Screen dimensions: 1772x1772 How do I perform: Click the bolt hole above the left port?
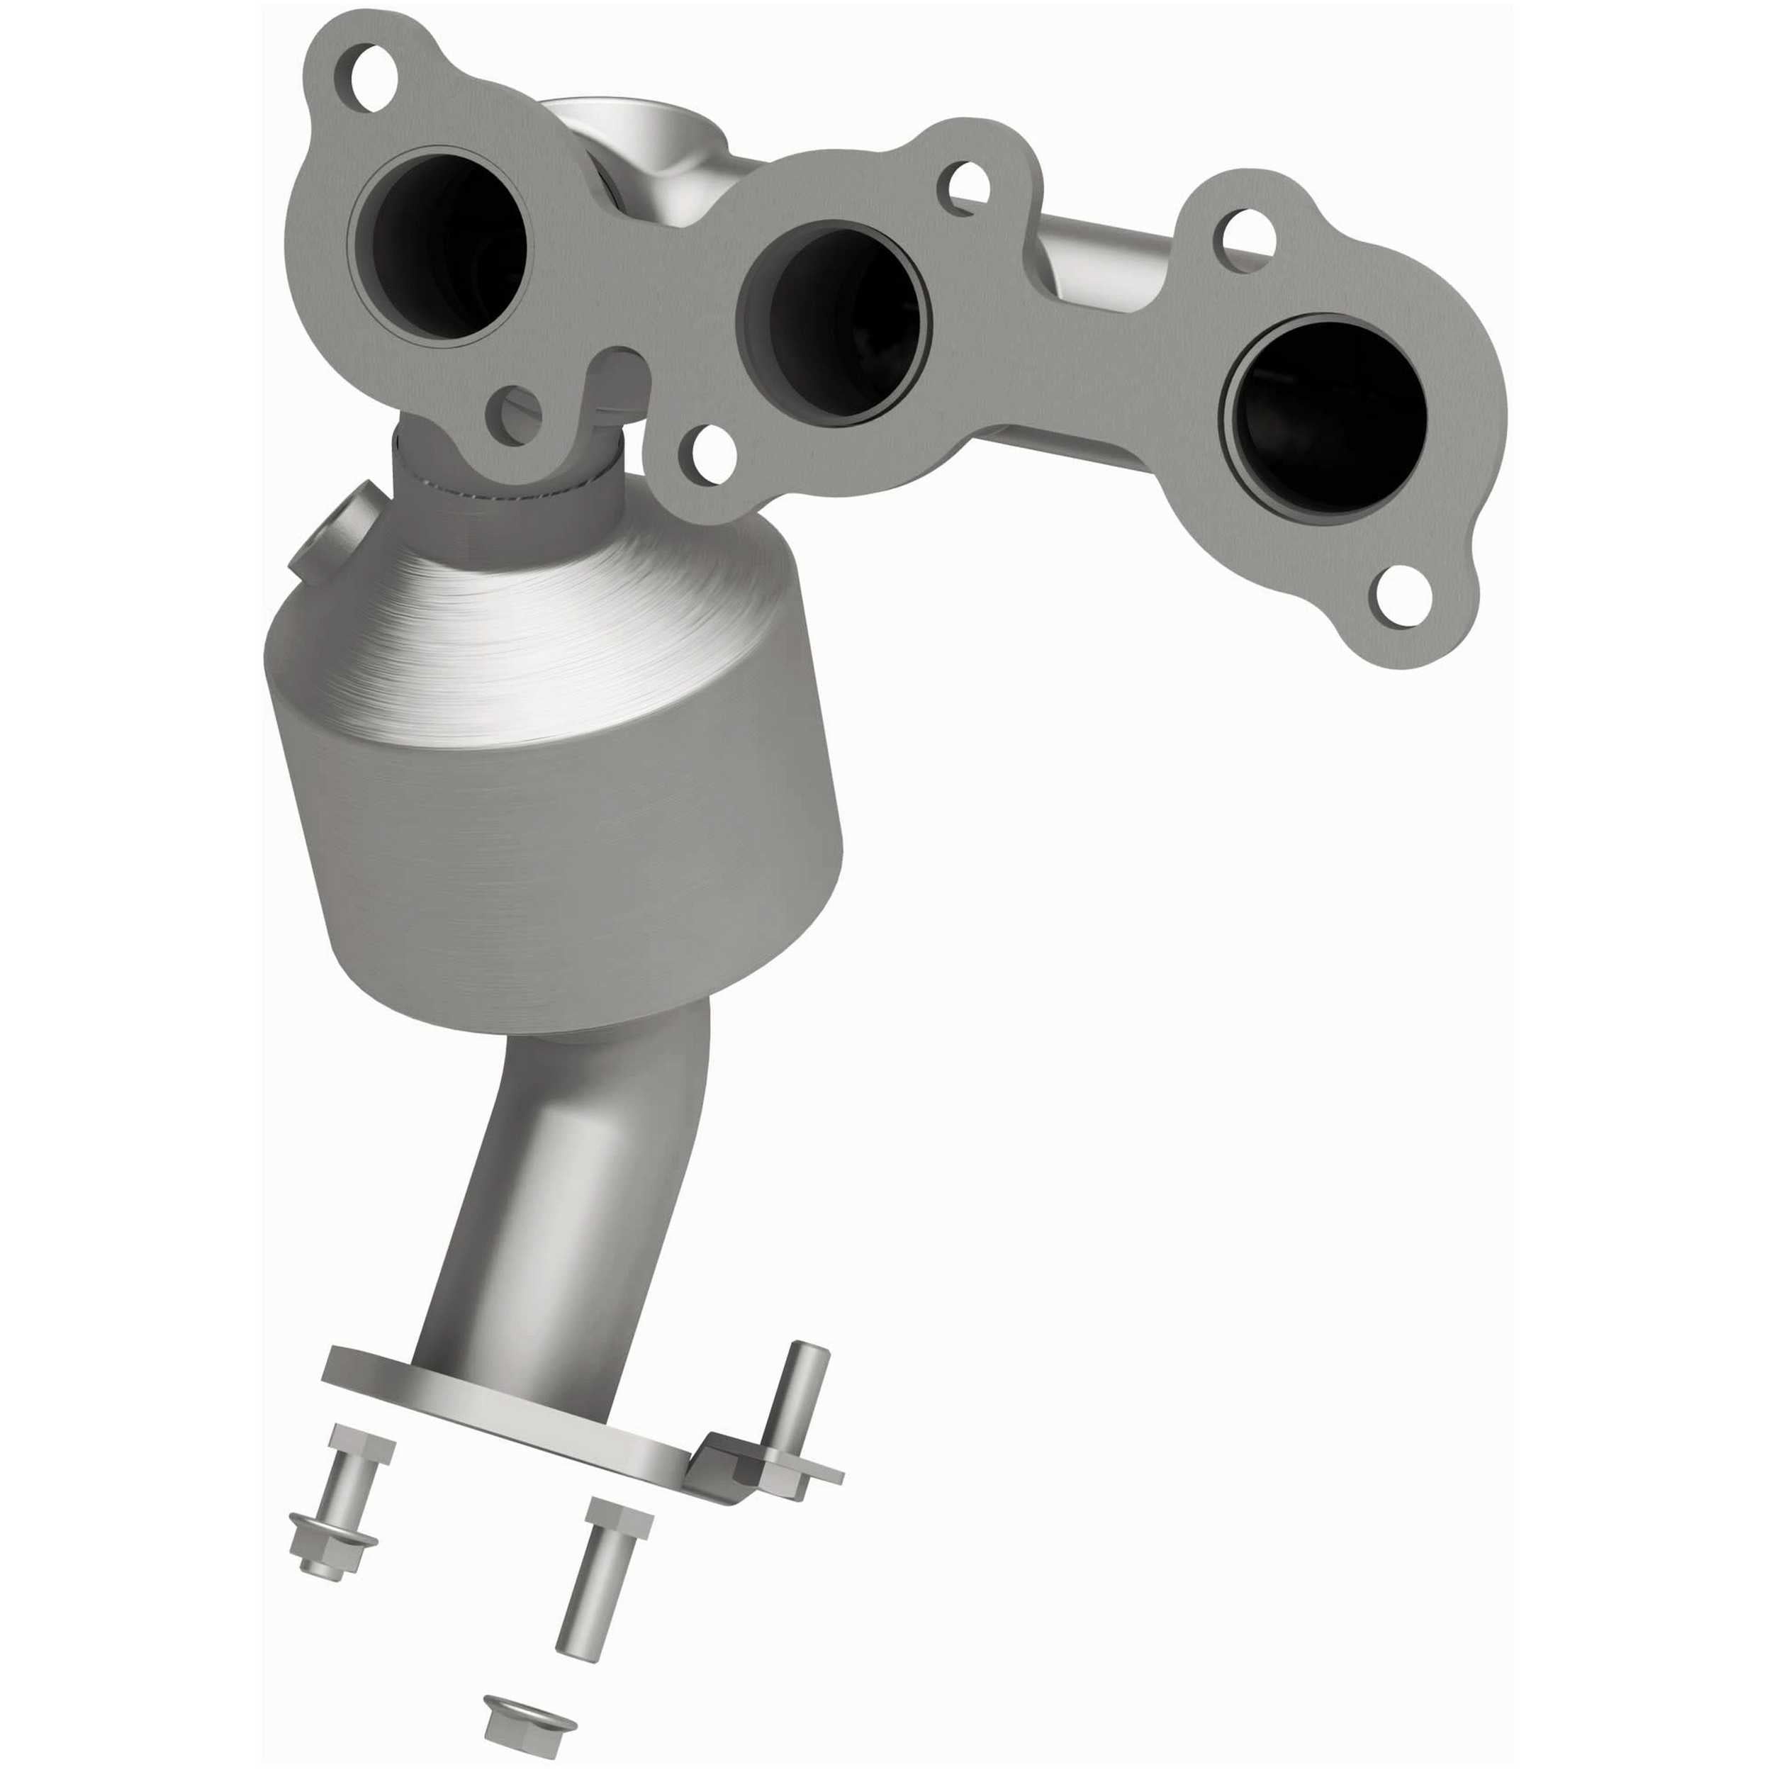click(375, 79)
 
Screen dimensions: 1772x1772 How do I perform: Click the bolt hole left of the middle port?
click(711, 452)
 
